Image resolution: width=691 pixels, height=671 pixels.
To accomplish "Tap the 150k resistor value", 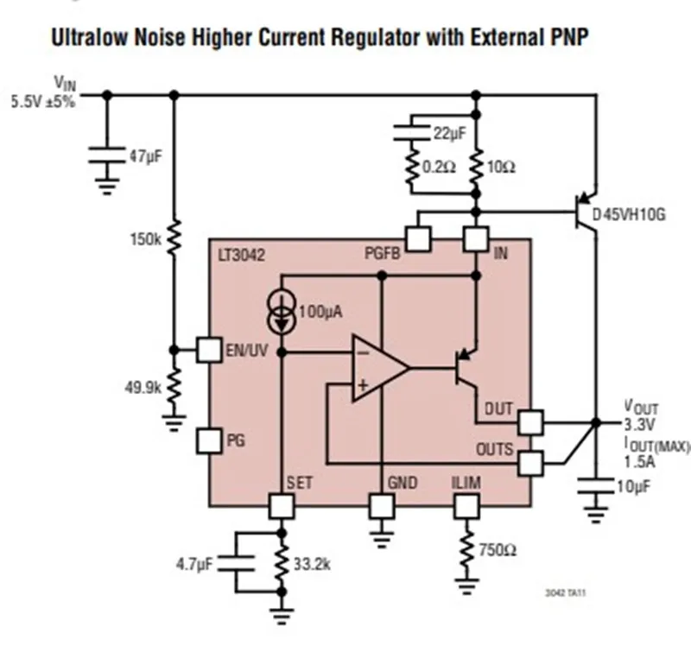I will click(145, 237).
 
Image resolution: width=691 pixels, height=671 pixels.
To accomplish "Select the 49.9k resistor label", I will click(143, 388).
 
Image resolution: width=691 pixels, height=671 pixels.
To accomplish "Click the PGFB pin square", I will click(418, 239).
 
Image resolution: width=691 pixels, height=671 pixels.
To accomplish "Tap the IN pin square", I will click(476, 239).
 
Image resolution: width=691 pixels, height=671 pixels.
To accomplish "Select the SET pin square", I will click(281, 505).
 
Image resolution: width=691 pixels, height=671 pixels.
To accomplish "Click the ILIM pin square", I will click(466, 505).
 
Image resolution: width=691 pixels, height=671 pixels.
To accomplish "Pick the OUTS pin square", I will click(530, 463).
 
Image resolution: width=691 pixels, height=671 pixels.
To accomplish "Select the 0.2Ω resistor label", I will click(439, 167).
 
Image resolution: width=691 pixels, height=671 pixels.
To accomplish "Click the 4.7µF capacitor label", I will click(194, 564).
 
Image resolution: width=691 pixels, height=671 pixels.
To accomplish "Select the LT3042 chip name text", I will click(243, 256).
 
